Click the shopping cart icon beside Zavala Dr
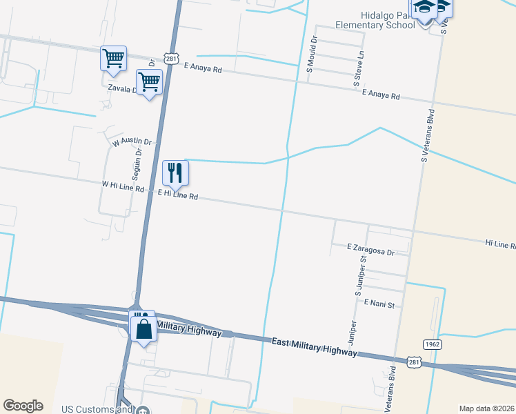click(149, 82)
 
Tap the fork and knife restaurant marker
click(175, 172)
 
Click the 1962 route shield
click(433, 344)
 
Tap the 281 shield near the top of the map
click(172, 58)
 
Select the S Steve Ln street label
click(358, 68)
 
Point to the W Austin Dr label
click(131, 142)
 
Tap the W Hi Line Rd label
click(123, 186)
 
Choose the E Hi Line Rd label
click(178, 195)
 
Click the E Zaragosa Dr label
click(370, 249)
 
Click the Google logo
click(23, 406)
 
